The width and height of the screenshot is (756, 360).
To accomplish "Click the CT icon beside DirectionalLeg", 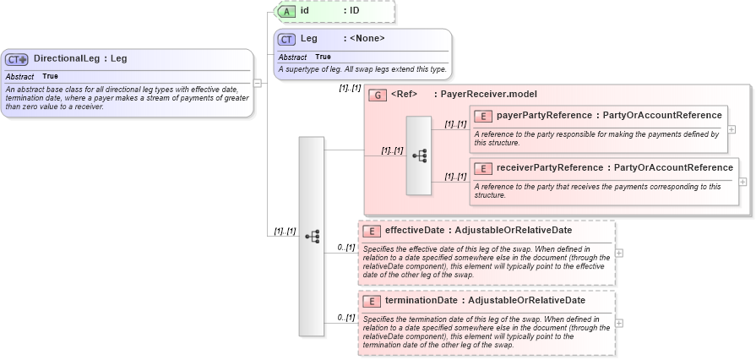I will (x=17, y=59).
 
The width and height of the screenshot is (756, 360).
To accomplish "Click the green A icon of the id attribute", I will (x=286, y=11).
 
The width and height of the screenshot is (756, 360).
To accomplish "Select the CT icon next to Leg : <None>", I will (x=286, y=39).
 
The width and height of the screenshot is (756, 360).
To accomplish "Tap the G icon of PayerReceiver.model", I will (x=378, y=95).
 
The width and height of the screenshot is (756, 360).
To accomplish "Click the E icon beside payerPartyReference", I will (x=484, y=116).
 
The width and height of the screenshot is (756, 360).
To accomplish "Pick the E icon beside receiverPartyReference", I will (x=484, y=168).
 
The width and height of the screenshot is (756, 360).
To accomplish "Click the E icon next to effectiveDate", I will (x=370, y=231).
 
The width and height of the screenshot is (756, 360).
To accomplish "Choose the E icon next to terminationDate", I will (x=370, y=301).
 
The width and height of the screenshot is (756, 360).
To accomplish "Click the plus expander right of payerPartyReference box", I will (x=732, y=129).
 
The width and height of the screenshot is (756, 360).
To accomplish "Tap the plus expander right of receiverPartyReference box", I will (x=742, y=181).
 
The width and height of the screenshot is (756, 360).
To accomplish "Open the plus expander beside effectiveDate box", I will (x=620, y=253).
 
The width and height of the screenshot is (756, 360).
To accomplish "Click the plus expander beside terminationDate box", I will (x=620, y=323).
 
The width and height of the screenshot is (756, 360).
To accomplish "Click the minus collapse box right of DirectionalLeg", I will (x=257, y=83).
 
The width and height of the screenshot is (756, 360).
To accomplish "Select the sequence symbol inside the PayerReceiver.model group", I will (x=419, y=156).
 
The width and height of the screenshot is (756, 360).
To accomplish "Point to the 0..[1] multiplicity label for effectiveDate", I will (x=345, y=248).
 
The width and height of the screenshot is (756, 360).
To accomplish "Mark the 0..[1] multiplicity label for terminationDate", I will (x=345, y=318).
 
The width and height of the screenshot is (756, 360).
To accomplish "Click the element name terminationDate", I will (x=421, y=301).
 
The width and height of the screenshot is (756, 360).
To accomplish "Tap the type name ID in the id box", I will (x=355, y=11).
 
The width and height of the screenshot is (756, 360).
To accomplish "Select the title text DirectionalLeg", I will (x=68, y=59).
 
